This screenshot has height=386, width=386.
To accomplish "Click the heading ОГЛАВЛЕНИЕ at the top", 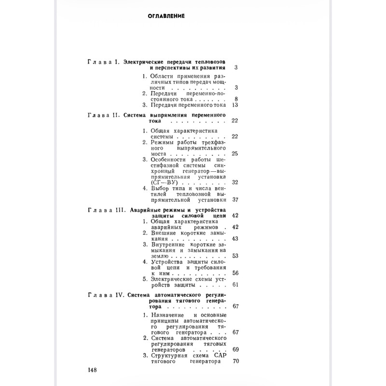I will pyautogui.click(x=166, y=16).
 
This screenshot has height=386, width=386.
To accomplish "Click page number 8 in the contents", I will pyautogui.click(x=237, y=99).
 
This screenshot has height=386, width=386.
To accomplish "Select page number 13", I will pyautogui.click(x=235, y=105).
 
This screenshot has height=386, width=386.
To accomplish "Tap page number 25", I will pyautogui.click(x=235, y=153).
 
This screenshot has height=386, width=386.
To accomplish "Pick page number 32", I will pyautogui.click(x=235, y=182).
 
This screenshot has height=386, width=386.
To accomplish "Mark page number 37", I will pyautogui.click(x=235, y=199).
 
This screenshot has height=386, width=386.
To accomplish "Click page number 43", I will pyautogui.click(x=235, y=239).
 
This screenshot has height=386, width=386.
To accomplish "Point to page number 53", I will pyautogui.click(x=235, y=256).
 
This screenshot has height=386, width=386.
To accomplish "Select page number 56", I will pyautogui.click(x=235, y=273).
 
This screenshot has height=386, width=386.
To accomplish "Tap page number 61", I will pyautogui.click(x=235, y=284).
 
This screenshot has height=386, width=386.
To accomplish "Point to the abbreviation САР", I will pyautogui.click(x=219, y=355).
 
